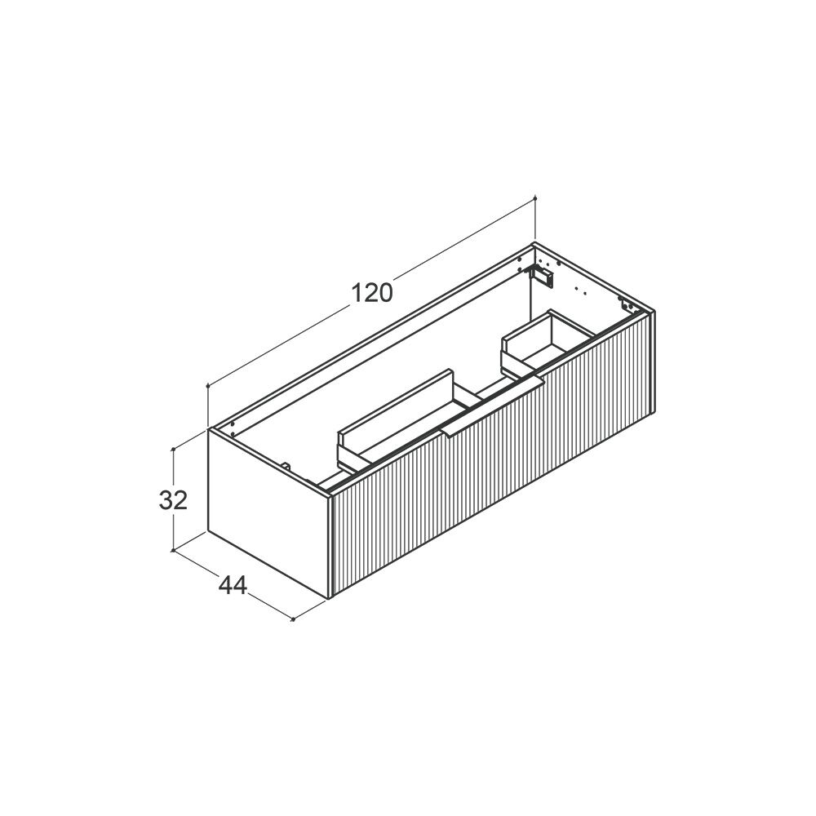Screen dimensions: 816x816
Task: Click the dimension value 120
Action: click(x=372, y=293)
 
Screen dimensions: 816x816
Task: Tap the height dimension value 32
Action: click(x=173, y=500)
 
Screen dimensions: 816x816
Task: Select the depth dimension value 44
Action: click(x=233, y=587)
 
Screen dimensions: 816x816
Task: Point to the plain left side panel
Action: click(x=268, y=513)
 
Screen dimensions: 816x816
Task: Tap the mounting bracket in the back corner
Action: click(x=541, y=274)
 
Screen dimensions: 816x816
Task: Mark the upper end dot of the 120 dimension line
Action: click(x=535, y=197)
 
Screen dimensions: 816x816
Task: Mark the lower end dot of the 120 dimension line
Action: click(x=208, y=386)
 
